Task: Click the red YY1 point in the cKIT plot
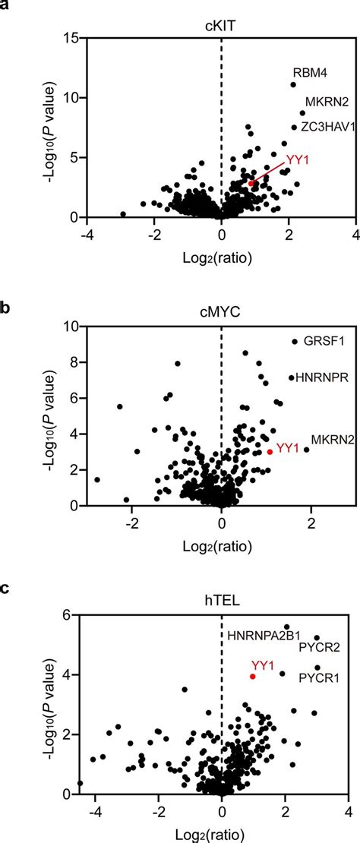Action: pos(252,183)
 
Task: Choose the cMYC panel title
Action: pos(221,311)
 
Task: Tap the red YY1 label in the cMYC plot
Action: pos(288,449)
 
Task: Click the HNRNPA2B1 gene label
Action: pos(260,635)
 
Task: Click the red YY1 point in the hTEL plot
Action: pos(253,676)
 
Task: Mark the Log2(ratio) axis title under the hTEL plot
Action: pos(221,831)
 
